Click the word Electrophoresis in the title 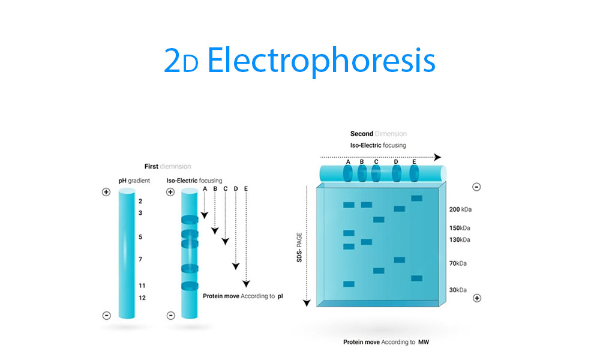coord(321,61)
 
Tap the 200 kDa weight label coord(460,209)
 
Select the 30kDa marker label coord(458,290)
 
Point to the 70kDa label coord(458,263)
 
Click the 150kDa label coord(460,228)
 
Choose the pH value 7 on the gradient coord(140,259)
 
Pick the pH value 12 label coord(142,298)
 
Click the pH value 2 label coord(140,201)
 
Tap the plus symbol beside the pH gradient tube coord(106,192)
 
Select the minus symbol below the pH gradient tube coord(107,316)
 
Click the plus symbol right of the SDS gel coord(477,298)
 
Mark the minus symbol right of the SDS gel coord(476,187)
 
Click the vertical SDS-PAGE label coord(299,247)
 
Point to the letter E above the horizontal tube coord(414,162)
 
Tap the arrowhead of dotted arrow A coord(205,215)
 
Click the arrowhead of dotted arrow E coord(247,283)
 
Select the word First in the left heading coord(151,166)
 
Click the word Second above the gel coord(362,134)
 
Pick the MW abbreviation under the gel coord(424,342)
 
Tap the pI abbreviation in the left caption coord(280,296)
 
